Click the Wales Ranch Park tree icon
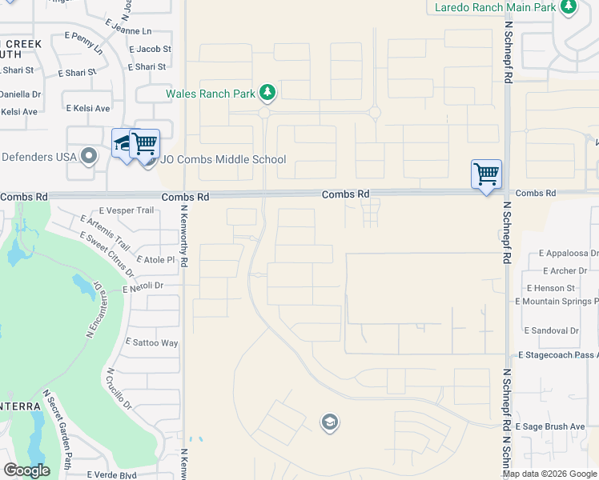click(x=267, y=94)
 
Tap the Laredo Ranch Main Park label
click(x=494, y=7)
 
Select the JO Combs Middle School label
click(x=223, y=159)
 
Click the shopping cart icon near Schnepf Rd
click(x=486, y=173)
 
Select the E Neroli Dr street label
click(x=143, y=285)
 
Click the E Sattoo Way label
click(x=152, y=342)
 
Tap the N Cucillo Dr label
click(x=118, y=389)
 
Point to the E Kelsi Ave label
click(x=88, y=108)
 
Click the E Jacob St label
click(x=150, y=49)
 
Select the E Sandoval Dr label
click(x=551, y=330)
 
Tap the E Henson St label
click(x=551, y=287)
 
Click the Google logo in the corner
click(x=27, y=470)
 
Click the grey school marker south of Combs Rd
click(x=329, y=422)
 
